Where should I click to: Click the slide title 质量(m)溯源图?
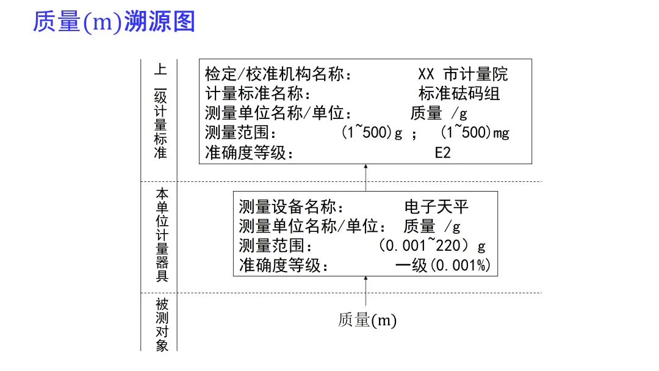pos(113,23)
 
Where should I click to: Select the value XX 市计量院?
pos(463,74)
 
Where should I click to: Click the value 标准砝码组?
pos(459,94)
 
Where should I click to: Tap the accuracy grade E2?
pos(442,153)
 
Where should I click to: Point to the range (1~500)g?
pos(372,132)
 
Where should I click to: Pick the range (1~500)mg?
pos(475,132)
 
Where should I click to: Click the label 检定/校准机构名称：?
pos(279,74)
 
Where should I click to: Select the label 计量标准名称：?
pos(259,94)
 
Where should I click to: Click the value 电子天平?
pos(436,206)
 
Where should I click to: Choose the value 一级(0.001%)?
pos(443,265)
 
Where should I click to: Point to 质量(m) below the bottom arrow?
pos(367,320)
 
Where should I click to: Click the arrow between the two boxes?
pos(366,178)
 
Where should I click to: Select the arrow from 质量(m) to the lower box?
pos(366,290)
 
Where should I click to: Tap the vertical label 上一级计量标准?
pos(160,112)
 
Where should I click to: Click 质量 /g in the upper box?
pos(438,113)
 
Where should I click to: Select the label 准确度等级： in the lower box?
pos(284,265)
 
